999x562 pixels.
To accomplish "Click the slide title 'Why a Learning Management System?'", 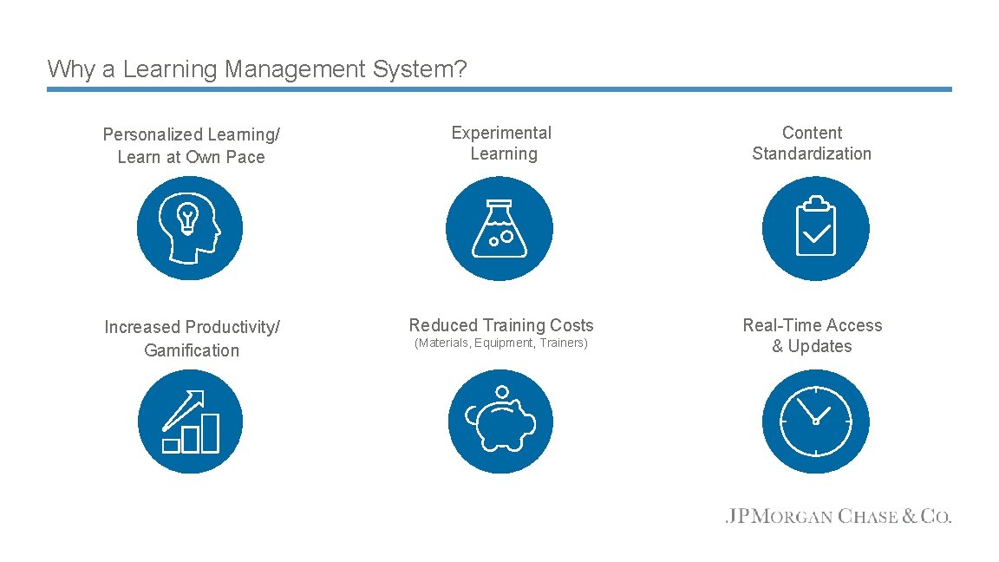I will click(257, 69).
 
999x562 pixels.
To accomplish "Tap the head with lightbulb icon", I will click(190, 229).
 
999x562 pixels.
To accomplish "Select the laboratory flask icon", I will click(499, 229).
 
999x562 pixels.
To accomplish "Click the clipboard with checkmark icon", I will click(815, 229).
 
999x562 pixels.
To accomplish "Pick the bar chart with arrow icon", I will click(190, 421).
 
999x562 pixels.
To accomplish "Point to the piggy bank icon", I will click(499, 421).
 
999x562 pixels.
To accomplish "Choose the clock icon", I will click(815, 421).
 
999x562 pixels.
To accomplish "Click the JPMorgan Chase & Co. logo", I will click(838, 517).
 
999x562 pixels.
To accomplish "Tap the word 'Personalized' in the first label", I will click(152, 135).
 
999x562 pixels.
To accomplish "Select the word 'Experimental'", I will click(501, 133).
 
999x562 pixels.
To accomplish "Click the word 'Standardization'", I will click(812, 154).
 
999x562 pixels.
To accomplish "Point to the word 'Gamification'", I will click(192, 350).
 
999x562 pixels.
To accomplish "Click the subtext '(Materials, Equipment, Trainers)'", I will click(501, 343).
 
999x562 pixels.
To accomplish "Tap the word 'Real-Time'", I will click(777, 325).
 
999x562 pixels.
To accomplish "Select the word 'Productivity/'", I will click(233, 327).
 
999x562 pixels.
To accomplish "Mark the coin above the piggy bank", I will click(501, 392).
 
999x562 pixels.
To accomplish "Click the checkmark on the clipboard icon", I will click(817, 232).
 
